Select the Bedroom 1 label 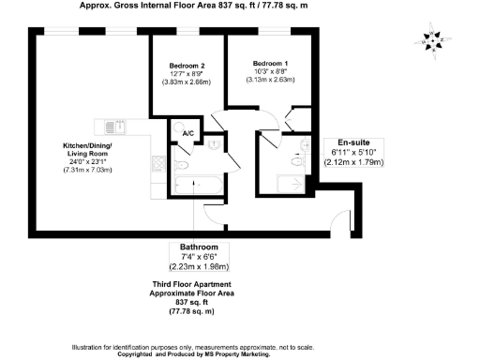[271, 63]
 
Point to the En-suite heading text [344, 142]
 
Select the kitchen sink [111, 127]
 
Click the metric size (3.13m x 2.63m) [271, 80]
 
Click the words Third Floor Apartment [192, 284]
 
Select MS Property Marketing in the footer [231, 354]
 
